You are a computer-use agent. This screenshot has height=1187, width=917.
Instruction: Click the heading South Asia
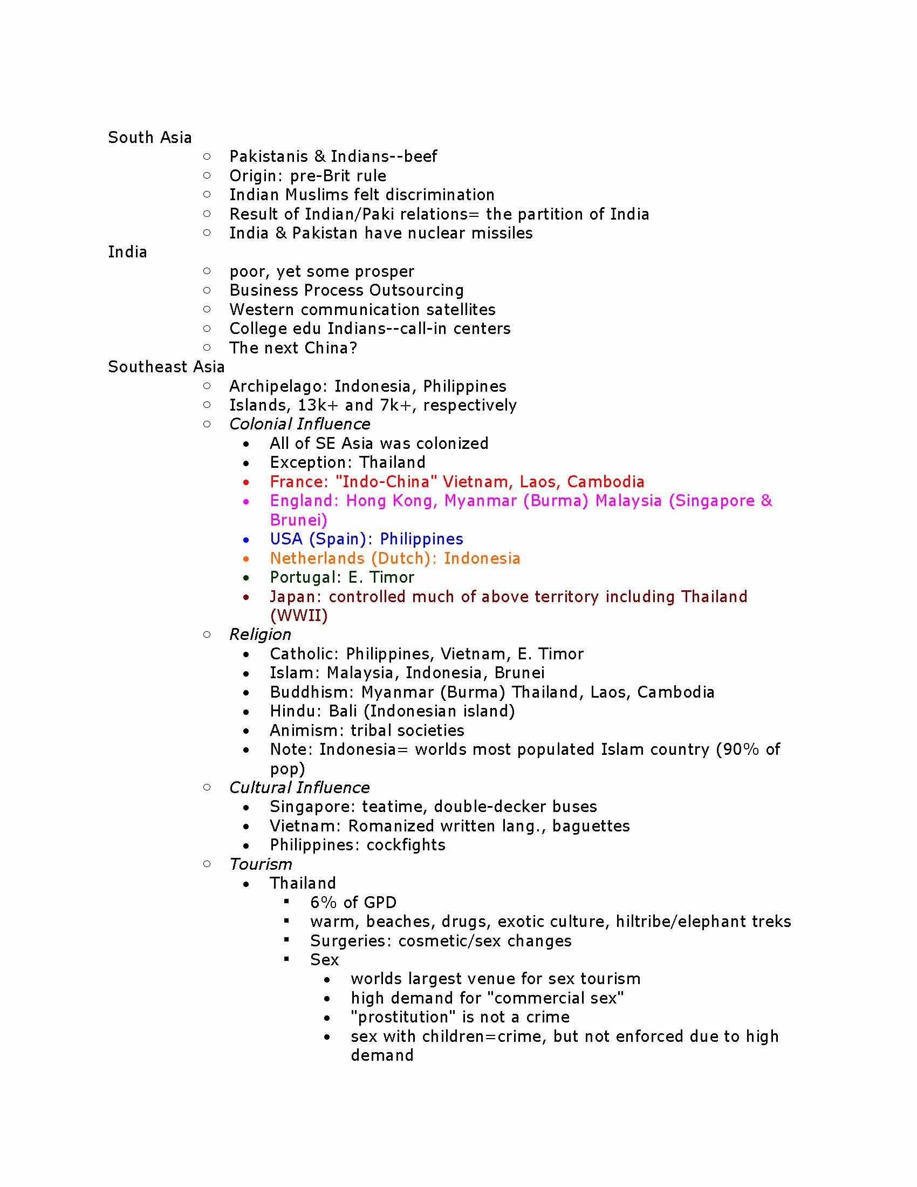pyautogui.click(x=149, y=138)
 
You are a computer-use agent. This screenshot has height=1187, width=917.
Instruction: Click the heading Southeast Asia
pyautogui.click(x=166, y=367)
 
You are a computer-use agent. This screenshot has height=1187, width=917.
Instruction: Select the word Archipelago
pyautogui.click(x=279, y=386)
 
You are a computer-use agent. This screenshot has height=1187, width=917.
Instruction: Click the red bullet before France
pyautogui.click(x=247, y=482)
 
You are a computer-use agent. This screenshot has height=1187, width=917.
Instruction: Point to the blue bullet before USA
pyautogui.click(x=247, y=540)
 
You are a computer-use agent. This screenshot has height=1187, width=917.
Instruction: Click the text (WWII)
pyautogui.click(x=299, y=616)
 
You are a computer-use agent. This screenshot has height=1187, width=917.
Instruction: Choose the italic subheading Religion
pyautogui.click(x=259, y=635)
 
